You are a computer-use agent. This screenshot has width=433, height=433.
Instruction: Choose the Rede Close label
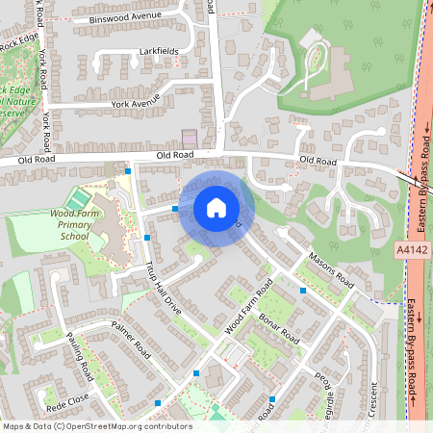pos(67,395)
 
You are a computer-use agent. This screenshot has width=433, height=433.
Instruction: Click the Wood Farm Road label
pos(248,306)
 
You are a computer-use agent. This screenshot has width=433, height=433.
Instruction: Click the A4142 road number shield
pos(409,249)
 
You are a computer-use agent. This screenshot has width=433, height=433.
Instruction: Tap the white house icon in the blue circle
pos(216,208)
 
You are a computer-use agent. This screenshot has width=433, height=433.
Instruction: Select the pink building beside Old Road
pos(190,140)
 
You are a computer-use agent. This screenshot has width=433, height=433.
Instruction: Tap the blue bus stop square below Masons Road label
pos(303,290)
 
